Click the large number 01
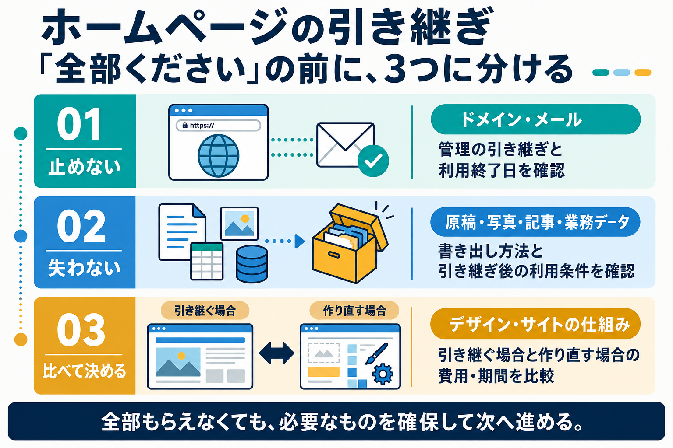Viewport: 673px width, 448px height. click(79, 124)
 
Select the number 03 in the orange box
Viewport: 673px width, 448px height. click(81, 329)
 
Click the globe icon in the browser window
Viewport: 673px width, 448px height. click(218, 155)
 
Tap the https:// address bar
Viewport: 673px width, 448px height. click(218, 125)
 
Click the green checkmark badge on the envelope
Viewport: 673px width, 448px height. click(373, 161)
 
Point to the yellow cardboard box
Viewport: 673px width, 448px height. click(350, 244)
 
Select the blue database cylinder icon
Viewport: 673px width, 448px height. click(252, 264)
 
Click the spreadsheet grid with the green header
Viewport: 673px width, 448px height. click(207, 261)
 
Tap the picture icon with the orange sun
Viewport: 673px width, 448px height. click(239, 223)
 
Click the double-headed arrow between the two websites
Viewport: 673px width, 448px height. click(276, 353)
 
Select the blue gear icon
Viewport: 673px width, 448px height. click(383, 374)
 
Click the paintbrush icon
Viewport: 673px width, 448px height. click(376, 354)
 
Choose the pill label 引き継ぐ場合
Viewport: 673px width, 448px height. click(205, 311)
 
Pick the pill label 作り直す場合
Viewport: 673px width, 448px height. click(354, 311)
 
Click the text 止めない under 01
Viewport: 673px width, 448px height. click(85, 167)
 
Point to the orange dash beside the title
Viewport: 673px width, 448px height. click(643, 72)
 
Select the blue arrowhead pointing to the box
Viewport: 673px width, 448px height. click(300, 241)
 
